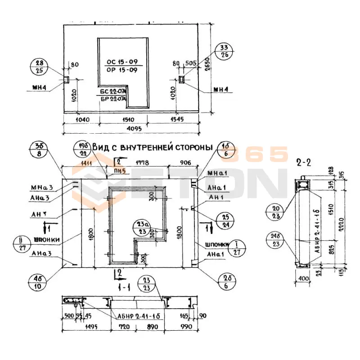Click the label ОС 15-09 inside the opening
[x=117, y=62]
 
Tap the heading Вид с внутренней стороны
[x=152, y=147]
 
